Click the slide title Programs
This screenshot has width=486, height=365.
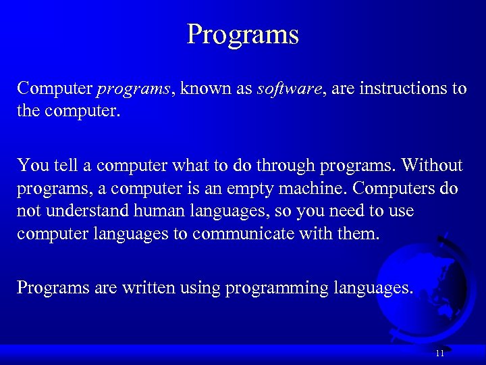click(242, 34)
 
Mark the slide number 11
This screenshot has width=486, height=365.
click(439, 353)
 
